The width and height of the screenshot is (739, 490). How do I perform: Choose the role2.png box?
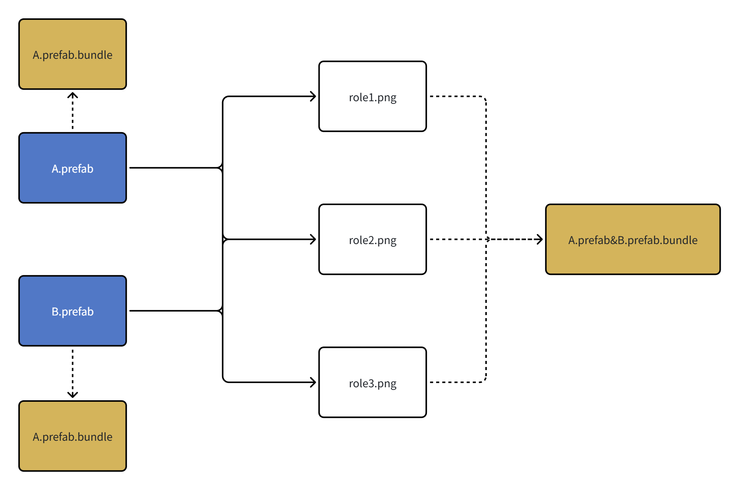[372, 256]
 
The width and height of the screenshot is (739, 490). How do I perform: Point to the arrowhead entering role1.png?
[313, 96]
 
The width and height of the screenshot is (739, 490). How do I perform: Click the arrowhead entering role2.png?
[313, 239]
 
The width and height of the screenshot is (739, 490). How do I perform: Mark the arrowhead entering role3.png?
[313, 382]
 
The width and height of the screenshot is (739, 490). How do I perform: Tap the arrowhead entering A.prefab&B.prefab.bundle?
[540, 239]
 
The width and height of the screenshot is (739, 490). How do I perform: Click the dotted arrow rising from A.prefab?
[72, 111]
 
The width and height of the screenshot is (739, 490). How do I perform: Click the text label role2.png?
[372, 240]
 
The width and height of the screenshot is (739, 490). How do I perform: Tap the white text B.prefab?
[72, 312]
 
